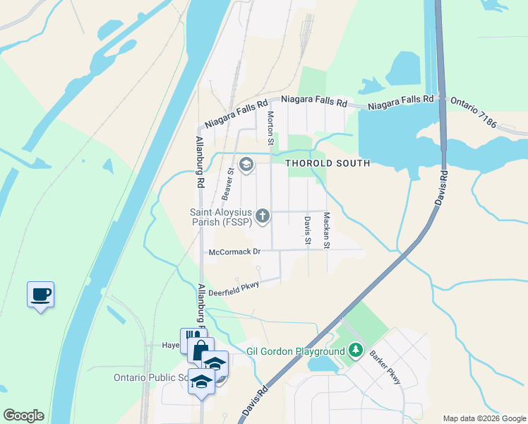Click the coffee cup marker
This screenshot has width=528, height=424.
coord(41,293)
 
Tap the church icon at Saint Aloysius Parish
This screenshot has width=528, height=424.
coord(263,215)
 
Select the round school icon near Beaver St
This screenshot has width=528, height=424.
coord(246,165)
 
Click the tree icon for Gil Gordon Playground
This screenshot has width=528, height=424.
coord(356,351)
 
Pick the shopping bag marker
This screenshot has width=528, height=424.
coord(200,349)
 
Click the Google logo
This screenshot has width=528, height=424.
coord(23,416)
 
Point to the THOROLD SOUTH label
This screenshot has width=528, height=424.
coord(328,163)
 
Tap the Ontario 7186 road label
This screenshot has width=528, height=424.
coord(487,115)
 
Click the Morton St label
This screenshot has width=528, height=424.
coord(270,124)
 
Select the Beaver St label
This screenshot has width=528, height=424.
coord(227,182)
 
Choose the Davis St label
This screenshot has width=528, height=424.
coord(308,231)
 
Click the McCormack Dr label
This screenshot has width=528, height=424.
coord(235,252)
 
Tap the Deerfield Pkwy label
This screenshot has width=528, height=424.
coord(234,285)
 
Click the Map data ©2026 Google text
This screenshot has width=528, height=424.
coord(484,418)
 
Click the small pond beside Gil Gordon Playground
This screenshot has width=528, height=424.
coord(321,365)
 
